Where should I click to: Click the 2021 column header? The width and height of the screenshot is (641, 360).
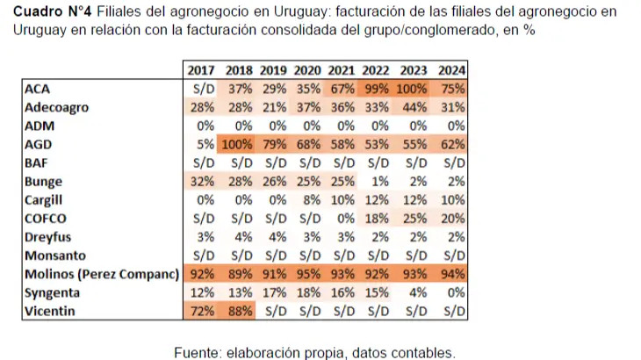342,70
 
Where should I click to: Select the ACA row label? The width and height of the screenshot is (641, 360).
38,89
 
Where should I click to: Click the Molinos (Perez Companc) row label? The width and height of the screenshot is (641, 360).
101,273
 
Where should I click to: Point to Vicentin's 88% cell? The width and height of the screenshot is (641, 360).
239,310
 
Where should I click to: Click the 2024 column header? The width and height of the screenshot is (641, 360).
451,70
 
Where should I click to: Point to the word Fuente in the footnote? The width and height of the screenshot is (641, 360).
198,352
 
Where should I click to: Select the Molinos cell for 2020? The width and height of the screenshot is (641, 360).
309,273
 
